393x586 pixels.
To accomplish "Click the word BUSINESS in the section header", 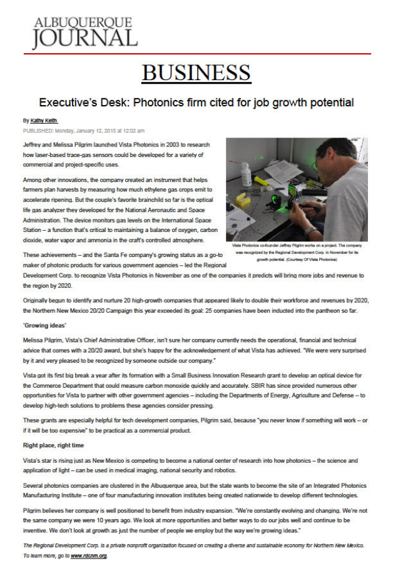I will [x=196, y=73].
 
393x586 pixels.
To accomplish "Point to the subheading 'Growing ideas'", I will [x=47, y=326].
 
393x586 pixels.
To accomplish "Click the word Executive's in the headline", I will [x=68, y=102].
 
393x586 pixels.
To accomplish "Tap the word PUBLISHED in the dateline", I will [x=38, y=131].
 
